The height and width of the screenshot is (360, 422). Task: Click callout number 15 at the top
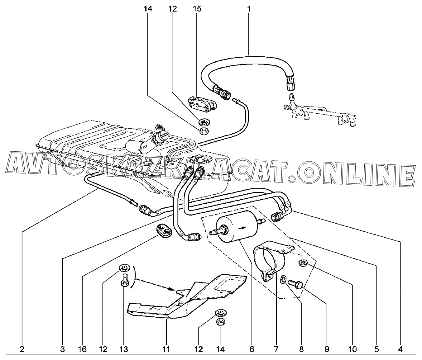[x=197, y=8]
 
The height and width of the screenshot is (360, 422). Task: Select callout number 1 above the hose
[x=249, y=8]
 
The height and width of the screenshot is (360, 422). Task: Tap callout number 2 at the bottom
[x=22, y=349]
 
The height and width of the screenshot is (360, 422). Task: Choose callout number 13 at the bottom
[x=123, y=349]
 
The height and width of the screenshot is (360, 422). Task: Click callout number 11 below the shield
[x=166, y=349]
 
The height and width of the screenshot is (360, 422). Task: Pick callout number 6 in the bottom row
[x=252, y=349]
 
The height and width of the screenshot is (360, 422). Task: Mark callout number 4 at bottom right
[x=400, y=349]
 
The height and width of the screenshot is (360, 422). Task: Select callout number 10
[x=352, y=349]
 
